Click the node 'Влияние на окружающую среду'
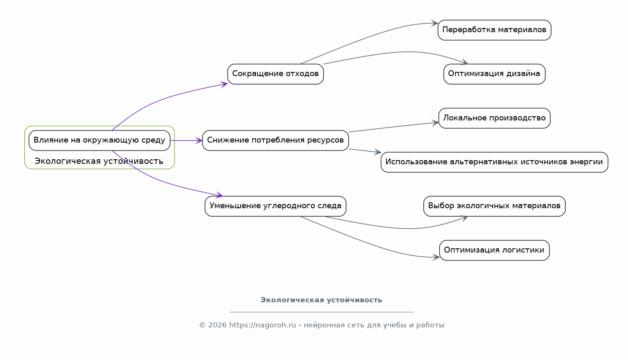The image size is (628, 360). coord(100,140)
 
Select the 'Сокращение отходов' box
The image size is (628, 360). coord(275,74)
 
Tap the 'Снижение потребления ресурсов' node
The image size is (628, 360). coord(275,140)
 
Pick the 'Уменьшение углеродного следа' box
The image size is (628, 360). coord(275,206)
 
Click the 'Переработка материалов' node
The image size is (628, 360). coord(494,30)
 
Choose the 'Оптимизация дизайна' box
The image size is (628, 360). coord(494,74)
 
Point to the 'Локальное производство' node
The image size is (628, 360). coord(494,118)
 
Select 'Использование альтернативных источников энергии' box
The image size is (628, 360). coord(494,162)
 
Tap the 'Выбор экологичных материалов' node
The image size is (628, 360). coord(494,206)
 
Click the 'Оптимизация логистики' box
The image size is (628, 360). coord(494,250)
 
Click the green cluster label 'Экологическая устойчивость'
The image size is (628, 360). coord(99,161)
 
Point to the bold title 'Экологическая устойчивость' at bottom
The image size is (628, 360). coord(321,300)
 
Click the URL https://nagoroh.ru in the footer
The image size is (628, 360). coord(262,325)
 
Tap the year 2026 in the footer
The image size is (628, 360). coord(217,325)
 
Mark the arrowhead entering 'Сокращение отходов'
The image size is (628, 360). coord(224,84)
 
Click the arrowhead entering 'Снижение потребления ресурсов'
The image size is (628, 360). coord(199,140)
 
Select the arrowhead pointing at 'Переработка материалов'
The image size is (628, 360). coord(435,23)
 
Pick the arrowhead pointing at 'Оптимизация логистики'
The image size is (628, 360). coord(436,257)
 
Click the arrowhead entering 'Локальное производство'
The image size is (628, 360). coord(435,123)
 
